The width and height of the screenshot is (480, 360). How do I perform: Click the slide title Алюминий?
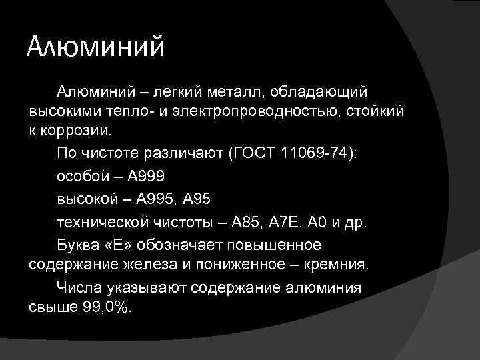pos(95,48)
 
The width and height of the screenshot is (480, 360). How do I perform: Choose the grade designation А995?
pos(157,199)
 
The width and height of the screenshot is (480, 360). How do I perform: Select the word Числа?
pos(79,287)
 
